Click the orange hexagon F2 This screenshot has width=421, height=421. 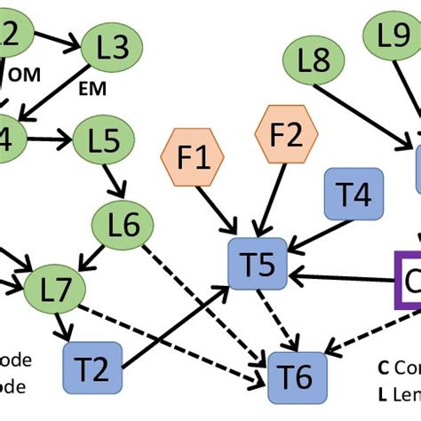286,135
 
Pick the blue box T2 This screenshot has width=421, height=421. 91,366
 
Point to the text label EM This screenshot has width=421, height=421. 93,89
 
